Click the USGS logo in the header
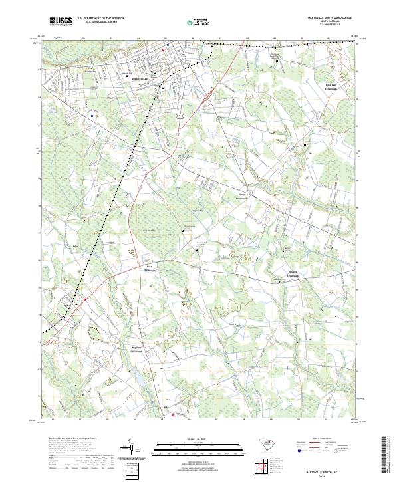click(x=61, y=21)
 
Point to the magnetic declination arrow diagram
click(x=132, y=449)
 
